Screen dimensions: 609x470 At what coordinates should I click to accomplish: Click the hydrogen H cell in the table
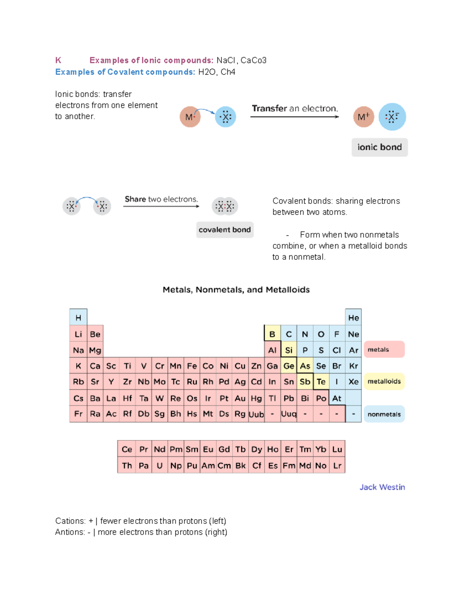click(78, 318)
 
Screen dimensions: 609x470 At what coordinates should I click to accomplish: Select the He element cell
click(353, 318)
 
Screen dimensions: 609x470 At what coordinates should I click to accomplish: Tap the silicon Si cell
click(289, 350)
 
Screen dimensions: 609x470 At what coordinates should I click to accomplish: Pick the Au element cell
click(240, 398)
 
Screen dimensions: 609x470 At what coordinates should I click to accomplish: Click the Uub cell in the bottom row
click(256, 414)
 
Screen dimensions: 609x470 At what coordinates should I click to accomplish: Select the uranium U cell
click(159, 465)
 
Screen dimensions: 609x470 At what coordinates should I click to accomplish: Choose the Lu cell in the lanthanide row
click(337, 449)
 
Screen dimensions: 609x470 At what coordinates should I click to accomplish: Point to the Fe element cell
click(192, 366)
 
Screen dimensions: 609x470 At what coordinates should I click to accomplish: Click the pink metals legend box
click(384, 349)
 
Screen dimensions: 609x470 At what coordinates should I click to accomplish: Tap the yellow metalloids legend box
click(384, 381)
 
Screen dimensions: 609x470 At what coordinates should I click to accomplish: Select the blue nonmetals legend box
click(384, 414)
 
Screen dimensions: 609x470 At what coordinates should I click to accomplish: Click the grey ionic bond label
click(380, 147)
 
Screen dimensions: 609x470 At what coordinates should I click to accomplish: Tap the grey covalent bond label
click(224, 230)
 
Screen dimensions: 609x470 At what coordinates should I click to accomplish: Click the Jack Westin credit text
click(382, 487)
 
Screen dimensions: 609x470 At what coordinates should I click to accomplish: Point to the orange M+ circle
click(363, 117)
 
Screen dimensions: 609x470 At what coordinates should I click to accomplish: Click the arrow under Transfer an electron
click(295, 117)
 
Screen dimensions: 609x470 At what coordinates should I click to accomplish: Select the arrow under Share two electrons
click(161, 206)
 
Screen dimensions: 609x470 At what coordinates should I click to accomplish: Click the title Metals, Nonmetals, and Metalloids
click(236, 290)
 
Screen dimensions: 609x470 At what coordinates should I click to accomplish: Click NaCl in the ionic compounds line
click(226, 60)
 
